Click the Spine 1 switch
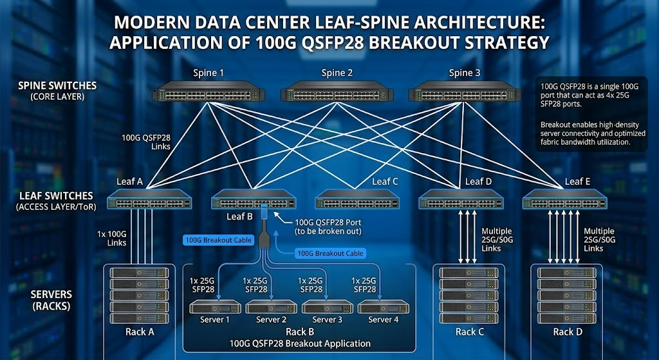pos(209,93)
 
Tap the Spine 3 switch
pos(465,93)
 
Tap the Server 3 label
pos(327,320)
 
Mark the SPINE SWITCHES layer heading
pos(57,86)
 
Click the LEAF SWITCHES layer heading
pos(55,196)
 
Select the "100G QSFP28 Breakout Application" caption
pos(300,344)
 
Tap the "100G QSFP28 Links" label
pos(146,142)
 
